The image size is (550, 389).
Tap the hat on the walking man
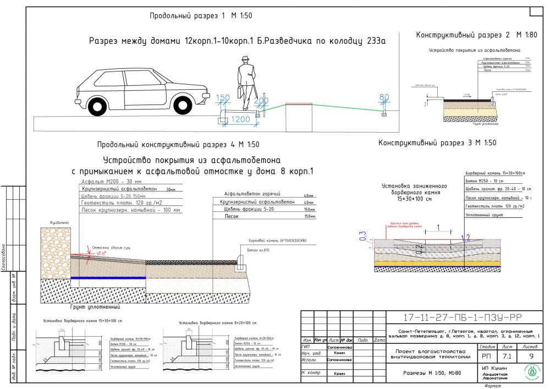(245, 60)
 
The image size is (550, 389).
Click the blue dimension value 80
(384, 98)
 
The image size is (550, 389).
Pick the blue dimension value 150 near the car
(223, 98)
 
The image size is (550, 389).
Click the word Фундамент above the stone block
(58, 223)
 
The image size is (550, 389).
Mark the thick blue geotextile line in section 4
(108, 277)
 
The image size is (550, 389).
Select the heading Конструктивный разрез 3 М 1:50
(437, 143)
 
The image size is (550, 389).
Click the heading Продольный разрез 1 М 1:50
(201, 16)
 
